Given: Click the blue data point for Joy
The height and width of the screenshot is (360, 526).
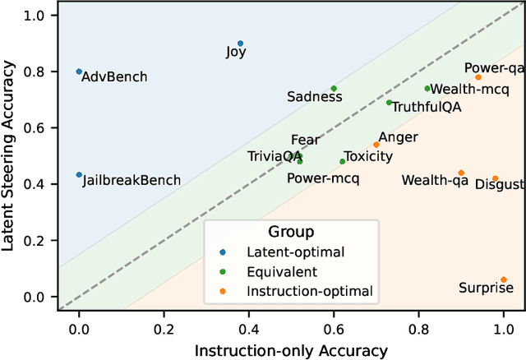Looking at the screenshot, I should (x=240, y=44).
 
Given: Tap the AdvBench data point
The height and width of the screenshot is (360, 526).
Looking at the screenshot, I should (x=79, y=72).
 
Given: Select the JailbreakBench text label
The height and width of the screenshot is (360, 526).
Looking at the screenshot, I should (x=131, y=181).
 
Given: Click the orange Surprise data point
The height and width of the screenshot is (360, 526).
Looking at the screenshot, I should (x=503, y=279).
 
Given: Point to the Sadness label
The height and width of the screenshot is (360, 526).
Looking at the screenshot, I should (x=314, y=97).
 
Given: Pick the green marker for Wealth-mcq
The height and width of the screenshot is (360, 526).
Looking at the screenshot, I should (x=427, y=88).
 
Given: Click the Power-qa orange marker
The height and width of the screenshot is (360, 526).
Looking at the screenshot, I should (x=478, y=77).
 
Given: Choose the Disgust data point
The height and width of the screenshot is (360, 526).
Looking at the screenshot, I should (x=495, y=178).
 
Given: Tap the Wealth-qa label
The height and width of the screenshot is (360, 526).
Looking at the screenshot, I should (x=433, y=179).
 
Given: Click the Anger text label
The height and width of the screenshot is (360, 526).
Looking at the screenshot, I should (x=398, y=137).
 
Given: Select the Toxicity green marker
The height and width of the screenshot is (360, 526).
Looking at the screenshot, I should (x=343, y=161).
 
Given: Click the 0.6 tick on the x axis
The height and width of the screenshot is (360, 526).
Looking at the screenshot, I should (x=334, y=325).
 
